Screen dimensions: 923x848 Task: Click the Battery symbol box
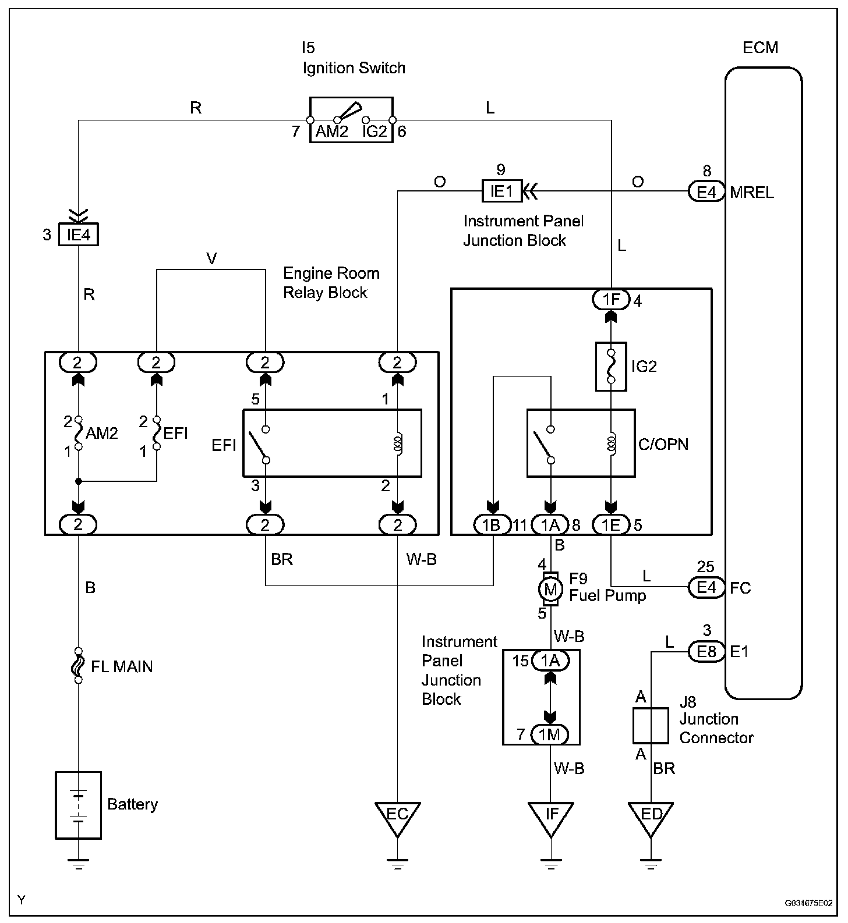[x=78, y=805]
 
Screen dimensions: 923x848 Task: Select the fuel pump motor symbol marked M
[x=550, y=589]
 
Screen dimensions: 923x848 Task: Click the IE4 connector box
[x=79, y=236]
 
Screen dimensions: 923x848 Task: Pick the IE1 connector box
[x=501, y=191]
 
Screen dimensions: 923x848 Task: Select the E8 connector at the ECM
[x=706, y=651]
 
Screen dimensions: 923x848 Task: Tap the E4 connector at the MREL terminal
[x=706, y=191]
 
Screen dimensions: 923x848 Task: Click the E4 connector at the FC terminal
[x=706, y=587]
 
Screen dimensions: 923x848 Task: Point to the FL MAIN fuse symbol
[x=78, y=665]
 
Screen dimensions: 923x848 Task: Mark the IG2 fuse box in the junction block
[x=611, y=366]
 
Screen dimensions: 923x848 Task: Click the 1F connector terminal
[x=611, y=300]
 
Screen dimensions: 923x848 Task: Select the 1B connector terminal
[x=493, y=525]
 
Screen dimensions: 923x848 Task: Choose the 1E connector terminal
[x=611, y=525]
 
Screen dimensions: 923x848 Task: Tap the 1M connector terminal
[x=550, y=734]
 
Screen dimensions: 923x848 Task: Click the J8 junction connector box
[x=651, y=726]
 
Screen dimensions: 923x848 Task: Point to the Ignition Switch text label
[x=354, y=68]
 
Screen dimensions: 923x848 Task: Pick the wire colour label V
[x=212, y=259]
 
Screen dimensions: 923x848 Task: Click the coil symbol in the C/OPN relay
[x=611, y=444]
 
